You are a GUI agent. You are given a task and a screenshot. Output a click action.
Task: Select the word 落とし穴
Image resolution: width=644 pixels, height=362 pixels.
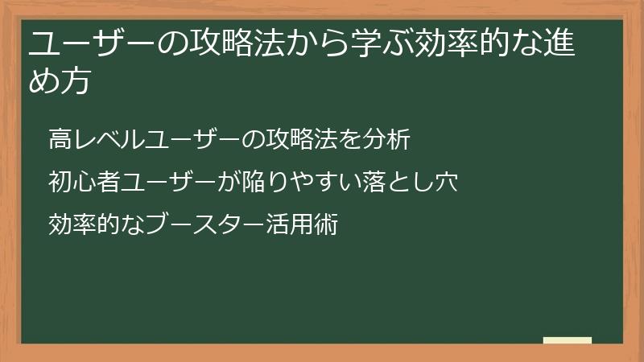414,181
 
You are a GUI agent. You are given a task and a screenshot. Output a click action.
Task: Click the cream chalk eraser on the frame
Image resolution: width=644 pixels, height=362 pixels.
568,341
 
